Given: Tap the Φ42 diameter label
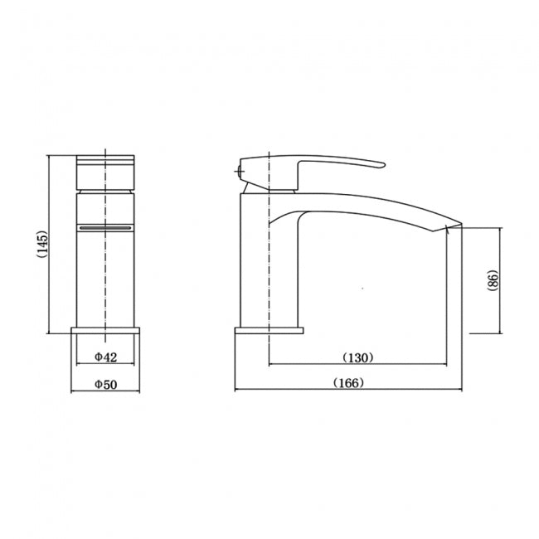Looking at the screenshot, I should click(x=105, y=357).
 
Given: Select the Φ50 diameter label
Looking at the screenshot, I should click(x=105, y=384).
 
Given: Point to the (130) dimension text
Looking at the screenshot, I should click(x=358, y=357).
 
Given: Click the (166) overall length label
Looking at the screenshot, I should click(x=348, y=383).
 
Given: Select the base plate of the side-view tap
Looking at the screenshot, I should click(x=269, y=331).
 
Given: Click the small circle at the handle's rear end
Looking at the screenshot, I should click(x=240, y=172).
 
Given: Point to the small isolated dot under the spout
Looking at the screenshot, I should click(x=362, y=289).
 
